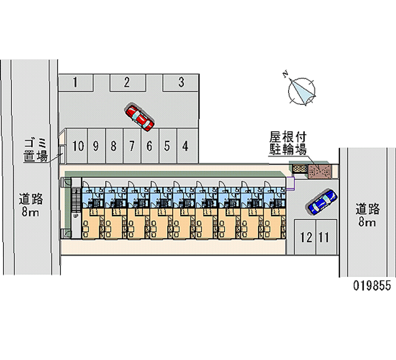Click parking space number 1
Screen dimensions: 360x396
tap(75, 82)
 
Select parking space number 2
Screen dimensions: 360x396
tap(127, 82)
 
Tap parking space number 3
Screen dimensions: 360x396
tap(181, 82)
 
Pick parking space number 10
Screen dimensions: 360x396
tap(77, 146)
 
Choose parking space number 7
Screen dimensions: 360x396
tap(132, 146)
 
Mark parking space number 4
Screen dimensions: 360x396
tap(185, 146)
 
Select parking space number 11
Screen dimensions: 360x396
tap(324, 237)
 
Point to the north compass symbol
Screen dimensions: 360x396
tap(302, 91)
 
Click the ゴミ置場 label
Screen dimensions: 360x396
tap(36, 150)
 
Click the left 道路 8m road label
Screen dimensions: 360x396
tap(31, 205)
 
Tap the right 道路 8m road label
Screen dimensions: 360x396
tap(367, 215)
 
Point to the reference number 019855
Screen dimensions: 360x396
tap(372, 286)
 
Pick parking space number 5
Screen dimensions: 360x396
tap(167, 146)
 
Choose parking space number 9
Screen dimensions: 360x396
tap(96, 146)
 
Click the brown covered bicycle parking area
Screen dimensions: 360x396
tap(320, 171)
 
